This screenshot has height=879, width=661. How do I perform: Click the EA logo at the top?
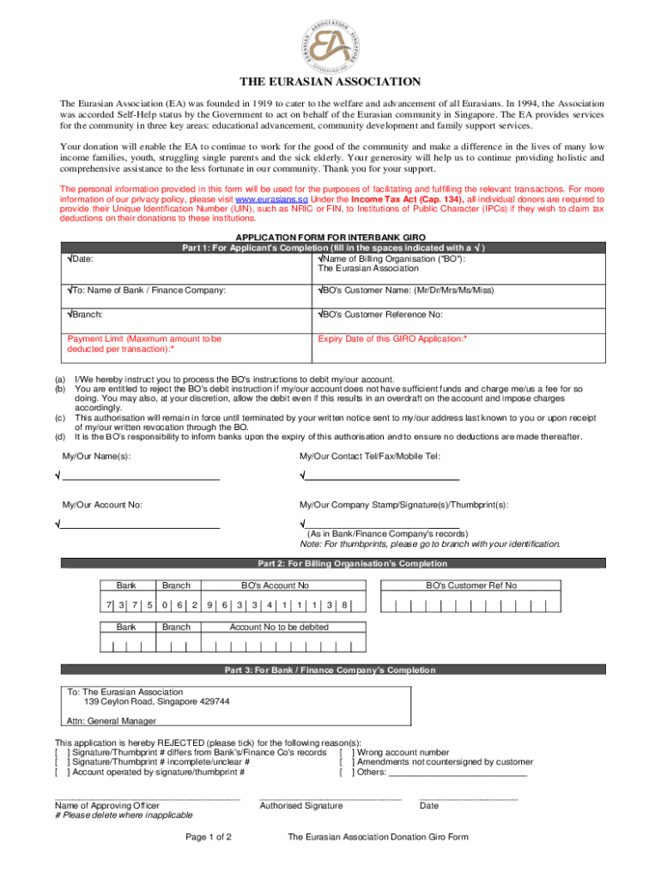pos(330,40)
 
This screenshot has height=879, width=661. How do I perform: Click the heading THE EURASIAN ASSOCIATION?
pos(330,82)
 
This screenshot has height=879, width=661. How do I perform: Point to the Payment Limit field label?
pos(144,344)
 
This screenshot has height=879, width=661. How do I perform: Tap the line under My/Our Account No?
pos(141,525)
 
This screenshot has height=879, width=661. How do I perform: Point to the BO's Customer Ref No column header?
pos(471,585)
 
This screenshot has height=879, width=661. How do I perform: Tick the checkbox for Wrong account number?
pos(347,752)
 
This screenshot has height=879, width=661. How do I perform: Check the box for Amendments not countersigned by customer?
pos(347,761)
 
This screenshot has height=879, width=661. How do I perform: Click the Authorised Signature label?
pos(300,806)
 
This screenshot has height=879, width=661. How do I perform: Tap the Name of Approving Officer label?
pos(106,806)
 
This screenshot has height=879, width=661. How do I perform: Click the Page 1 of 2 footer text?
pos(209,837)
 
